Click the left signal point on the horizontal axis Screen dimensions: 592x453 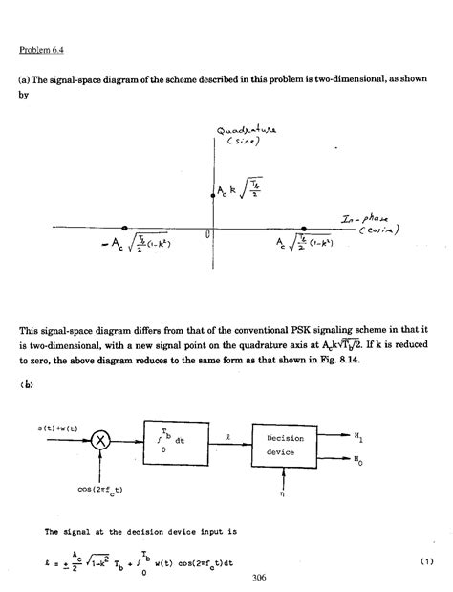click(x=125, y=229)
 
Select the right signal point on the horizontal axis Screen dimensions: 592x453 click(x=304, y=229)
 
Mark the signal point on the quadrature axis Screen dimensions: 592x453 click(x=212, y=195)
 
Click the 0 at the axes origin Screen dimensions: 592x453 click(x=207, y=233)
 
